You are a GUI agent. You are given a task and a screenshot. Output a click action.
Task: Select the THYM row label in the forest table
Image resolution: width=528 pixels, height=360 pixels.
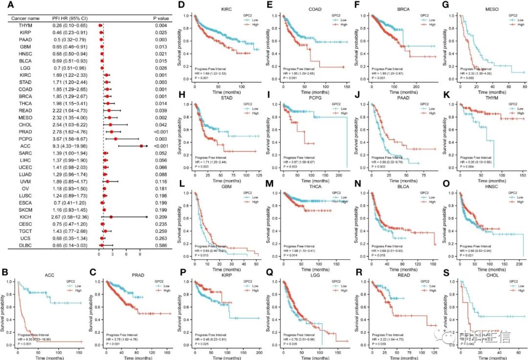pyautogui.click(x=26, y=25)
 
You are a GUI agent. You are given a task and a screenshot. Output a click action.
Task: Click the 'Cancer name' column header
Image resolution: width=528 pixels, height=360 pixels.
pyautogui.click(x=26, y=18)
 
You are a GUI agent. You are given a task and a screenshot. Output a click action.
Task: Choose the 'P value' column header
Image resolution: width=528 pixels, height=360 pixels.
pyautogui.click(x=161, y=18)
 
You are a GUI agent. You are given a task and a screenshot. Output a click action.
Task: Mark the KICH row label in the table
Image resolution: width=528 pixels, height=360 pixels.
pyautogui.click(x=26, y=217)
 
